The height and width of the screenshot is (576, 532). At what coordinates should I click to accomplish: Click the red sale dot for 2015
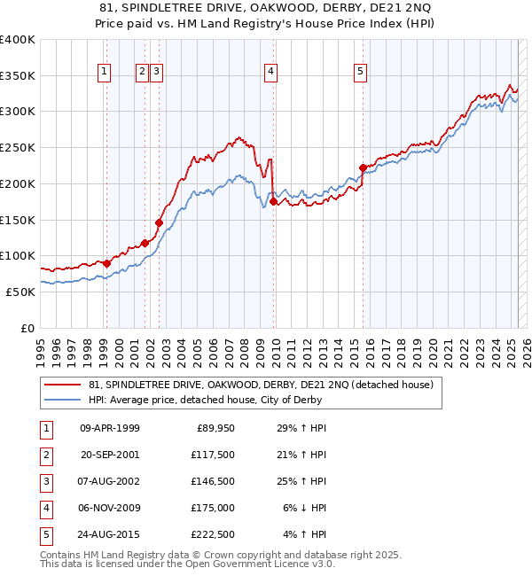click(363, 167)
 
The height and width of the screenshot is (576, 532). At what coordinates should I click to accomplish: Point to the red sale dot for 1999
click(106, 263)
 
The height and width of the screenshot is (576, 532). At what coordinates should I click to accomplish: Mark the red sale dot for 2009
click(273, 201)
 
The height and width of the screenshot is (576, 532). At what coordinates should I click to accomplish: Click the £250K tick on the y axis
click(18, 148)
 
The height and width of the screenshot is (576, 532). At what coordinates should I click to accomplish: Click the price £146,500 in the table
click(215, 481)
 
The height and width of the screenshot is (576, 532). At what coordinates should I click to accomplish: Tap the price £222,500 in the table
click(215, 534)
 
